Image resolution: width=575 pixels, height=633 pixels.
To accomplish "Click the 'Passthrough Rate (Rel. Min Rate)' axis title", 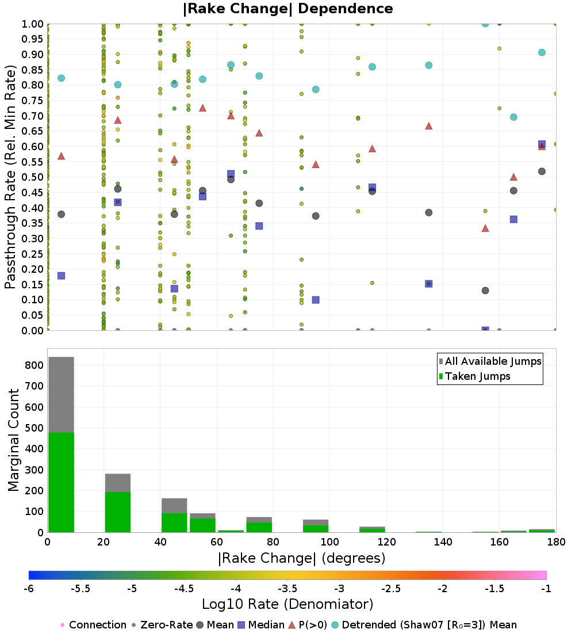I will [x=10, y=177].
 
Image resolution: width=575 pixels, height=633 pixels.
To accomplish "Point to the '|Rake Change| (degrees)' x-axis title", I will [x=301, y=558].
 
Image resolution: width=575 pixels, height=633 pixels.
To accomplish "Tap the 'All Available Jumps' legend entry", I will [x=493, y=361].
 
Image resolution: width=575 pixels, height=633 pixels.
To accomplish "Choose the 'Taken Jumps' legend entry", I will [x=478, y=376].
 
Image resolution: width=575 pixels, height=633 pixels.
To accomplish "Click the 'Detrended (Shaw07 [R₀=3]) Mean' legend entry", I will [x=429, y=625].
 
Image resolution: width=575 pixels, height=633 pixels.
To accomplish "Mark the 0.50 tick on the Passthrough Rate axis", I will [x=33, y=177].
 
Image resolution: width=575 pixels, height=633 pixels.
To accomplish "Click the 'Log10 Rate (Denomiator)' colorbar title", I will [x=287, y=604].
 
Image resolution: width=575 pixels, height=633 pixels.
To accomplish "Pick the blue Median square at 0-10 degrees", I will [x=61, y=276].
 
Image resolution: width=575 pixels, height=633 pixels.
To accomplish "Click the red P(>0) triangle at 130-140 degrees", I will [x=428, y=126].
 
